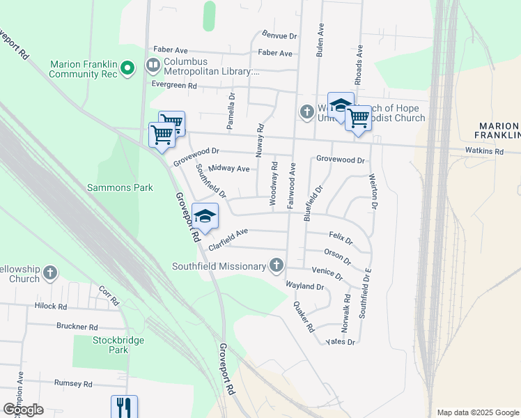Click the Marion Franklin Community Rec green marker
pyautogui.click(x=127, y=68)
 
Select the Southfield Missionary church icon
pyautogui.click(x=277, y=265)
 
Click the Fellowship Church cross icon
pyautogui.click(x=50, y=273)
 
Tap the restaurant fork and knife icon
pyautogui.click(x=123, y=407)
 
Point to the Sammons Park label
pyautogui.click(x=120, y=187)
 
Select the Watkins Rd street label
pyautogui.click(x=485, y=150)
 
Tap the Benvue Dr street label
pyautogui.click(x=280, y=35)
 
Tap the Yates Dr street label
pyautogui.click(x=341, y=342)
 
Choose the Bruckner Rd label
pyautogui.click(x=77, y=326)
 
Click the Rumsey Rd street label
pyautogui.click(x=73, y=384)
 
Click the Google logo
pyautogui.click(x=23, y=410)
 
